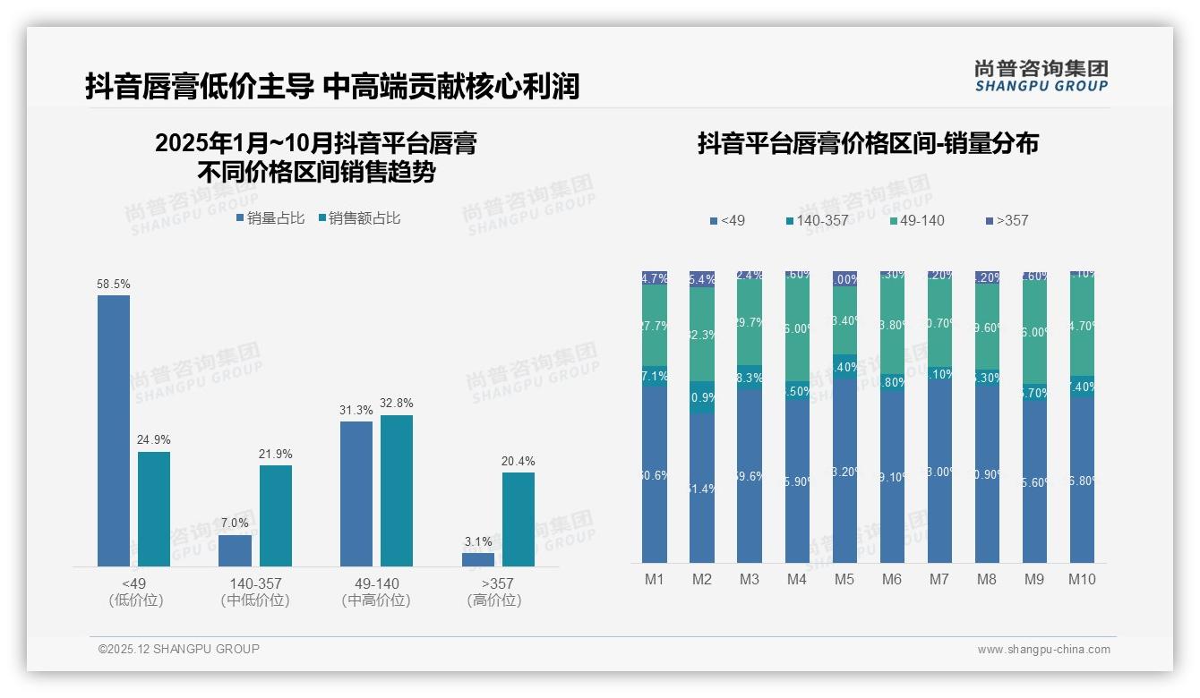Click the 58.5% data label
click(114, 285)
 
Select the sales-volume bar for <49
click(114, 430)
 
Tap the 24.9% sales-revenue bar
click(154, 508)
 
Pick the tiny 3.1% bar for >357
click(478, 559)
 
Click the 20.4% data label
click(519, 462)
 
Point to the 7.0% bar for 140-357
click(236, 550)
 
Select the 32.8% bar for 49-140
click(397, 490)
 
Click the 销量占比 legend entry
click(273, 218)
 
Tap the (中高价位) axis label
click(376, 600)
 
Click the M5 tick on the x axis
click(844, 580)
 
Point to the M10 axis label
click(1082, 580)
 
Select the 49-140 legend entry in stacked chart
click(919, 220)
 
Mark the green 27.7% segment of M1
click(655, 326)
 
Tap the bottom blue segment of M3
click(750, 475)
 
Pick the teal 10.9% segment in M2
click(702, 396)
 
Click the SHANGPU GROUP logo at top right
click(1041, 76)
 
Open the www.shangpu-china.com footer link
click(1043, 650)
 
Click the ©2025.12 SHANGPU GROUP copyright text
click(179, 649)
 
